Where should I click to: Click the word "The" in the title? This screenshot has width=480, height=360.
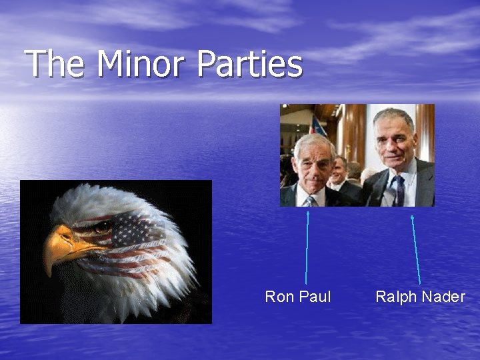pos(57,65)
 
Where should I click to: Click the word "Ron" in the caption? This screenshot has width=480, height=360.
pos(278,297)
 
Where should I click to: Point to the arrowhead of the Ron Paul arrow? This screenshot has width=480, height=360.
pos(308,213)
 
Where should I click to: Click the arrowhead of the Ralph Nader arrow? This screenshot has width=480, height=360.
pos(412,217)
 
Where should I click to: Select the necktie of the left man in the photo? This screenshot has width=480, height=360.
pos(311,201)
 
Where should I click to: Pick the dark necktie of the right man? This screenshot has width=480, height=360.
pos(399,189)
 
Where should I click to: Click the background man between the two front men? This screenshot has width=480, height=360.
pos(340,170)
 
